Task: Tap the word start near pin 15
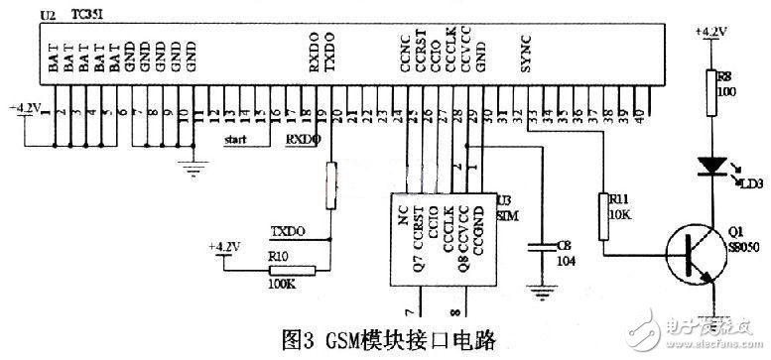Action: point(235,140)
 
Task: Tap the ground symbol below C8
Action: point(541,293)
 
